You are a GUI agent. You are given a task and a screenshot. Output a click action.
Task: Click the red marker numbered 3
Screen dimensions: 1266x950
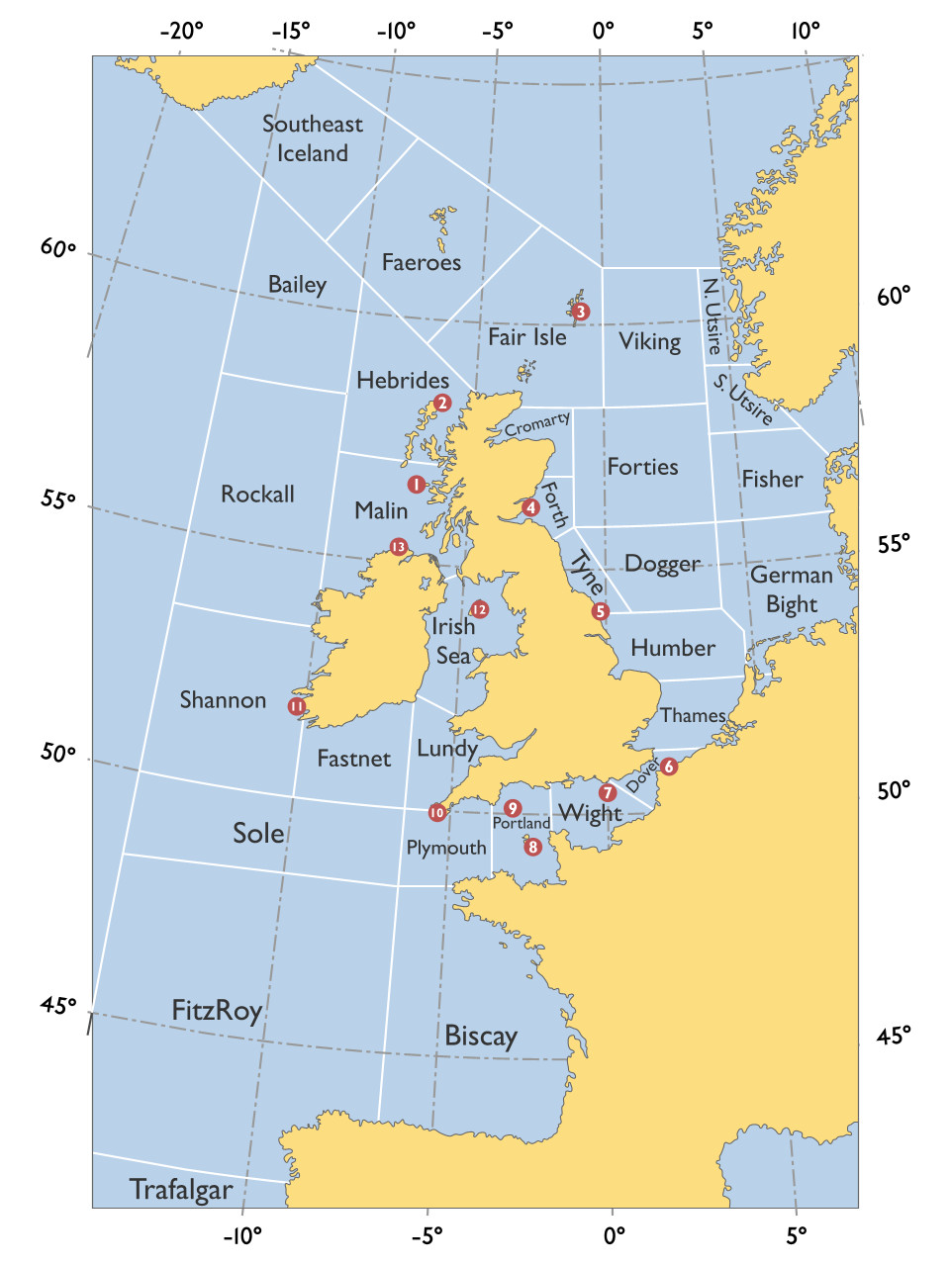coord(581,312)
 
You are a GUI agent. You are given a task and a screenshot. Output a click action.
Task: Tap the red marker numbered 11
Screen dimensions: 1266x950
coord(297,706)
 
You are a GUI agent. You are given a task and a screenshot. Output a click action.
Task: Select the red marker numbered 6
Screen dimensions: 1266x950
coord(669,767)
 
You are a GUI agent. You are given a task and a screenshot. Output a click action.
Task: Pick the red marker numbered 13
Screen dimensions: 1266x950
coord(398,547)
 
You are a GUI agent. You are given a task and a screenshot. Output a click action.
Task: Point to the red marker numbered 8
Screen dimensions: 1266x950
coord(532,847)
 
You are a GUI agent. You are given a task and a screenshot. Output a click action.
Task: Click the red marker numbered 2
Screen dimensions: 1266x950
coord(442,403)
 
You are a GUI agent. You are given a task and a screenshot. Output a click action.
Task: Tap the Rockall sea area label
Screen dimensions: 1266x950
coord(257,494)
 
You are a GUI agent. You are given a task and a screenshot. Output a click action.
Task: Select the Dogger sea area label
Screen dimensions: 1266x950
coord(662,564)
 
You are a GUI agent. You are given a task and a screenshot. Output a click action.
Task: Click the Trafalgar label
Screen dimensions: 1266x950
coord(181,1189)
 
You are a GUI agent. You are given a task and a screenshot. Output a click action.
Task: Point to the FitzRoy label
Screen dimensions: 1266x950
coord(217,1010)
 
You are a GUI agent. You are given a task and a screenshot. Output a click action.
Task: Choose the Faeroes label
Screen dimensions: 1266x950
coord(422,262)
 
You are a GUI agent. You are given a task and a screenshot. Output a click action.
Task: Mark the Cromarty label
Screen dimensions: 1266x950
coord(537,424)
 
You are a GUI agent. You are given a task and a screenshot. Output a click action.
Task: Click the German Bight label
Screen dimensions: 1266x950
coord(792,589)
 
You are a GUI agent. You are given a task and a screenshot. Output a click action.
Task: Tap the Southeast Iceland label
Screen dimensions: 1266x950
coord(313,138)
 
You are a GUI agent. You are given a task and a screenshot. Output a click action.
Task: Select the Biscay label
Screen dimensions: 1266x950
coord(481,1036)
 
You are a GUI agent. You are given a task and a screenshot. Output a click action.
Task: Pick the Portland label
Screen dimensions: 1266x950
coord(522,823)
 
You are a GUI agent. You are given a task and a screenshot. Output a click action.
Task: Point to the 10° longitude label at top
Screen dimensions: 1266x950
coord(806,31)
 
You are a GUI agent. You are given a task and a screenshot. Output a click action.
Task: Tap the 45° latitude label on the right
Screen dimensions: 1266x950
coord(894,1036)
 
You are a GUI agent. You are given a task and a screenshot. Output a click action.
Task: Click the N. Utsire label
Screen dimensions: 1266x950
coord(712,316)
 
